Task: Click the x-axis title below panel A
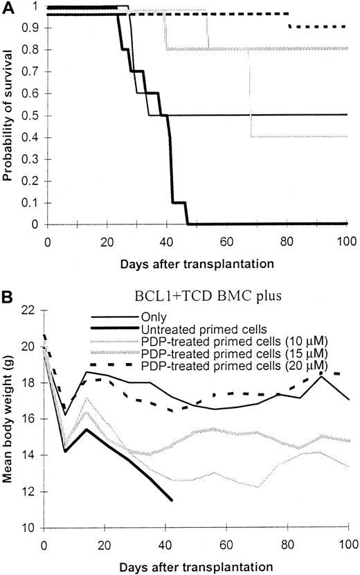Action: pyautogui.click(x=197, y=263)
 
